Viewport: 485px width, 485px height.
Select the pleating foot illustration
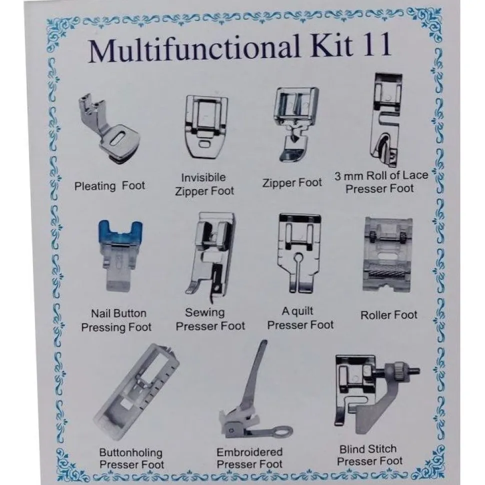[x=109, y=128]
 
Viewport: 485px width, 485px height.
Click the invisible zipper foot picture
[x=206, y=127]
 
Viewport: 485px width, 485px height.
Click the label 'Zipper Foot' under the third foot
[x=292, y=183]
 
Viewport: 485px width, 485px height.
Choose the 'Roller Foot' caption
[x=388, y=315]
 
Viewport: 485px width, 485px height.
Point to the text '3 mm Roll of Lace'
[x=381, y=176]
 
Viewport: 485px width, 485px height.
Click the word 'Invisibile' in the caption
[x=203, y=177]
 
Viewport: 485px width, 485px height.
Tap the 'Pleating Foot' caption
[x=109, y=186]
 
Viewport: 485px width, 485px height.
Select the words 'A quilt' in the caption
[x=297, y=311]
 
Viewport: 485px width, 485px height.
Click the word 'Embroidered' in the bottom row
[x=249, y=452]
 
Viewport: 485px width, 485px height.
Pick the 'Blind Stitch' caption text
[x=368, y=449]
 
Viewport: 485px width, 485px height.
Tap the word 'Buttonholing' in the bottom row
[x=130, y=453]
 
